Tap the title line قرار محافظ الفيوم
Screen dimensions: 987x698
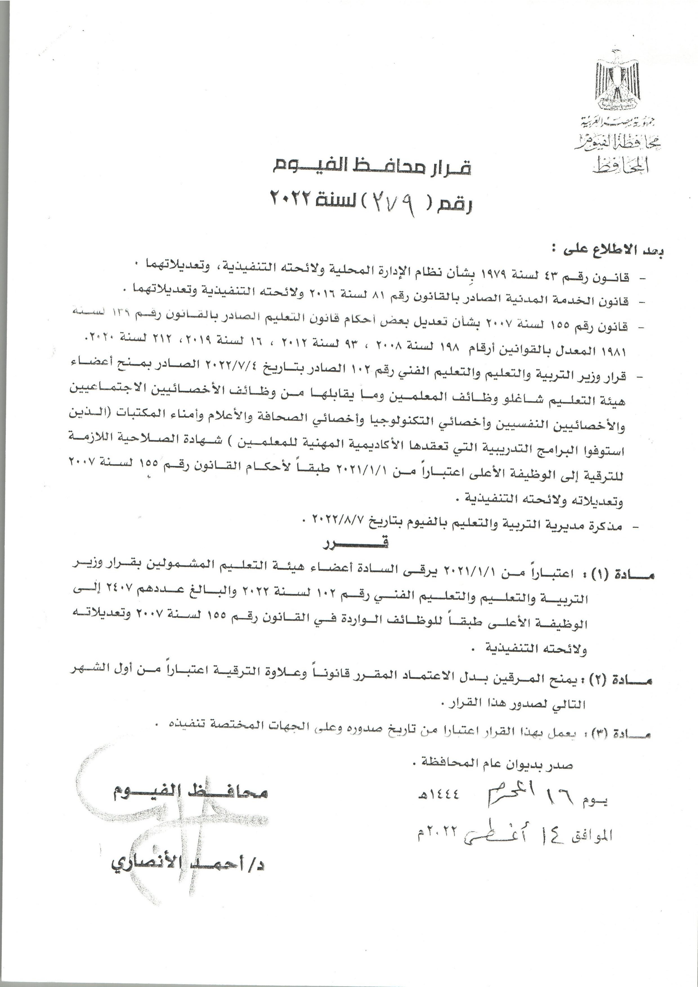(373, 167)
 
